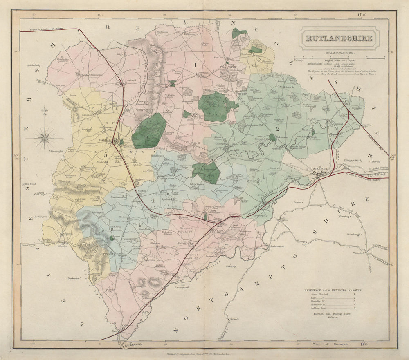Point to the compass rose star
[45, 137]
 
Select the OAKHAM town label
[108, 139]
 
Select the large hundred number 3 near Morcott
[177, 252]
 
